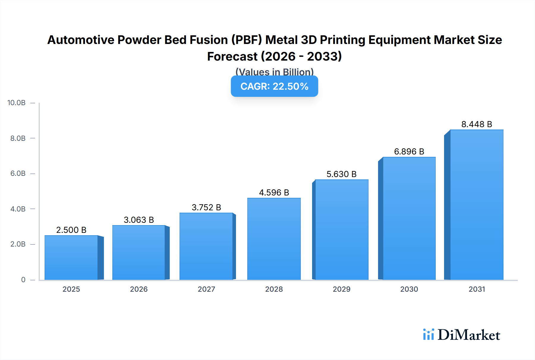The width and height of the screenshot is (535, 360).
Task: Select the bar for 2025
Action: (71, 258)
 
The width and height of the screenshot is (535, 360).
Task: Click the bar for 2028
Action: (274, 239)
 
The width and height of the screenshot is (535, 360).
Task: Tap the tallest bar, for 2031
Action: (476, 205)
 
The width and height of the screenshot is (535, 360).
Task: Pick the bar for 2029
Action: (342, 230)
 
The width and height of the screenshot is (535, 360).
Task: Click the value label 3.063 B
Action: (139, 220)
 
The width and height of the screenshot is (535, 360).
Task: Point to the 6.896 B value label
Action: (409, 152)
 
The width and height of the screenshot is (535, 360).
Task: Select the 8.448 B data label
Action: (476, 124)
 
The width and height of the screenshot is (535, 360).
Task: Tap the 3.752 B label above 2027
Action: (206, 208)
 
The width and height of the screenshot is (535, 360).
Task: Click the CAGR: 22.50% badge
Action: (274, 86)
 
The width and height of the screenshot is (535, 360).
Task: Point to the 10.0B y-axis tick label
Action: (16, 103)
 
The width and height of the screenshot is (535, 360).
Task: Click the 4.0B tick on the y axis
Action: (18, 209)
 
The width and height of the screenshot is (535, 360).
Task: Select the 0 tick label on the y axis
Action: (23, 280)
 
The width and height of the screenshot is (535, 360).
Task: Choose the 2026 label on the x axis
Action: (139, 289)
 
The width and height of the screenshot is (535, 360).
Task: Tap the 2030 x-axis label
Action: (409, 289)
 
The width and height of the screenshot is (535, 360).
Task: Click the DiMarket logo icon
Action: (428, 335)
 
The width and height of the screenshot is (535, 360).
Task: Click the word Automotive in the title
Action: (81, 40)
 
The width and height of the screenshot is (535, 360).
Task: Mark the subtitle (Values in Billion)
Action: (274, 72)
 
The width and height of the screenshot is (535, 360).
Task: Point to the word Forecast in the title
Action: (232, 57)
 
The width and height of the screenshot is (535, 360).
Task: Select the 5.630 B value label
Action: (342, 174)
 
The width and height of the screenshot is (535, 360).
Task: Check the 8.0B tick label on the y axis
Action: (18, 138)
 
